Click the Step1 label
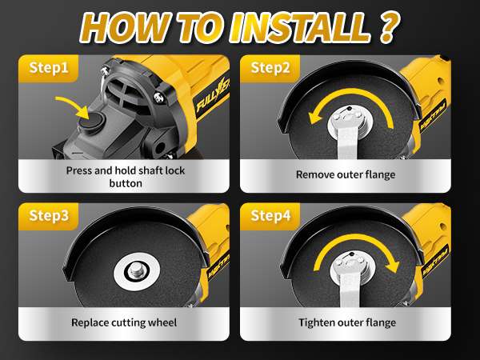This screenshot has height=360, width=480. click(x=49, y=68)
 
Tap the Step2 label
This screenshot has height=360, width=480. click(x=270, y=68)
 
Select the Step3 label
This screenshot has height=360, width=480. click(x=49, y=215)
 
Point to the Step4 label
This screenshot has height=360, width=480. click(x=270, y=215)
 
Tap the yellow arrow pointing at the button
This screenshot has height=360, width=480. click(x=74, y=106)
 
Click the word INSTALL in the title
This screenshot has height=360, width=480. click(x=301, y=27)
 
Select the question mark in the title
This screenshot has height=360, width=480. click(x=389, y=27)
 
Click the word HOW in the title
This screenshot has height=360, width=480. click(x=125, y=27)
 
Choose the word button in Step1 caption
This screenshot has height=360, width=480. click(x=126, y=183)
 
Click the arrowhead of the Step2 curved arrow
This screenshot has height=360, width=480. click(x=315, y=118)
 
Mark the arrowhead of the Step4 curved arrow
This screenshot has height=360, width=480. click(x=393, y=266)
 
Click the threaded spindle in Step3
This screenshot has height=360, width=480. click(x=135, y=270)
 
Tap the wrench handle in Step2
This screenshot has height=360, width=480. click(x=347, y=142)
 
